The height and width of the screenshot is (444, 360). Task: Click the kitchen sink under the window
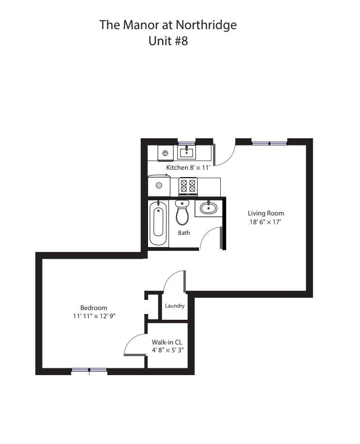coord(186,152)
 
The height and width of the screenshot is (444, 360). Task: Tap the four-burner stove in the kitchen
coord(188,186)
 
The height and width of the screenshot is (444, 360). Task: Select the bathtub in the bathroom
coord(158,223)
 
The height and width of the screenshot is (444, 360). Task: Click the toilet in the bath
coord(182,213)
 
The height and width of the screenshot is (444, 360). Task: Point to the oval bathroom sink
coord(208,208)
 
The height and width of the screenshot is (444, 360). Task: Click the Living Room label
coord(266,213)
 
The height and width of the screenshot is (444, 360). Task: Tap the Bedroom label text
coord(94,308)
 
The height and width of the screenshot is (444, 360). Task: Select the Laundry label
coord(175,306)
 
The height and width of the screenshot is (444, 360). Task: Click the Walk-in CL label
coord(167,342)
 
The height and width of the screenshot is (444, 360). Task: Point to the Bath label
coord(184,233)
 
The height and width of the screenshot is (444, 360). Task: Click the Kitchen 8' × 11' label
coord(188,167)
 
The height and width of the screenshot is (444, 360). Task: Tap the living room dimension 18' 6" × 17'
coord(265,222)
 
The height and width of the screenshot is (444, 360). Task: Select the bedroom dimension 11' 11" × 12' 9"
coord(94,316)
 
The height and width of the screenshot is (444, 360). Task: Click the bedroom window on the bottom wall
coord(89,370)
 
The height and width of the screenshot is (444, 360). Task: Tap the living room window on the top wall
coord(269,143)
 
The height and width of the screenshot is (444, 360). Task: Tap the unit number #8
coord(181,41)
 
